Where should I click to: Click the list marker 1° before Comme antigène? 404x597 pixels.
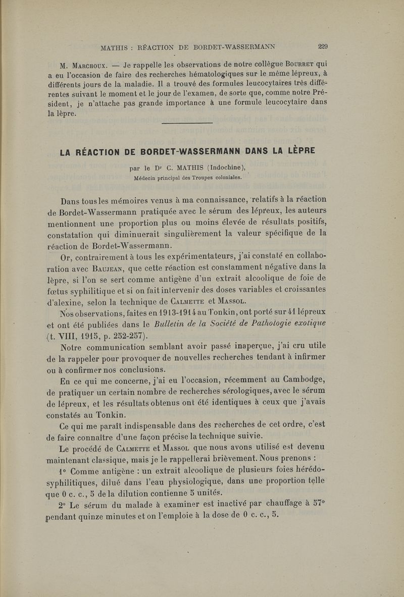click(x=64, y=471)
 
